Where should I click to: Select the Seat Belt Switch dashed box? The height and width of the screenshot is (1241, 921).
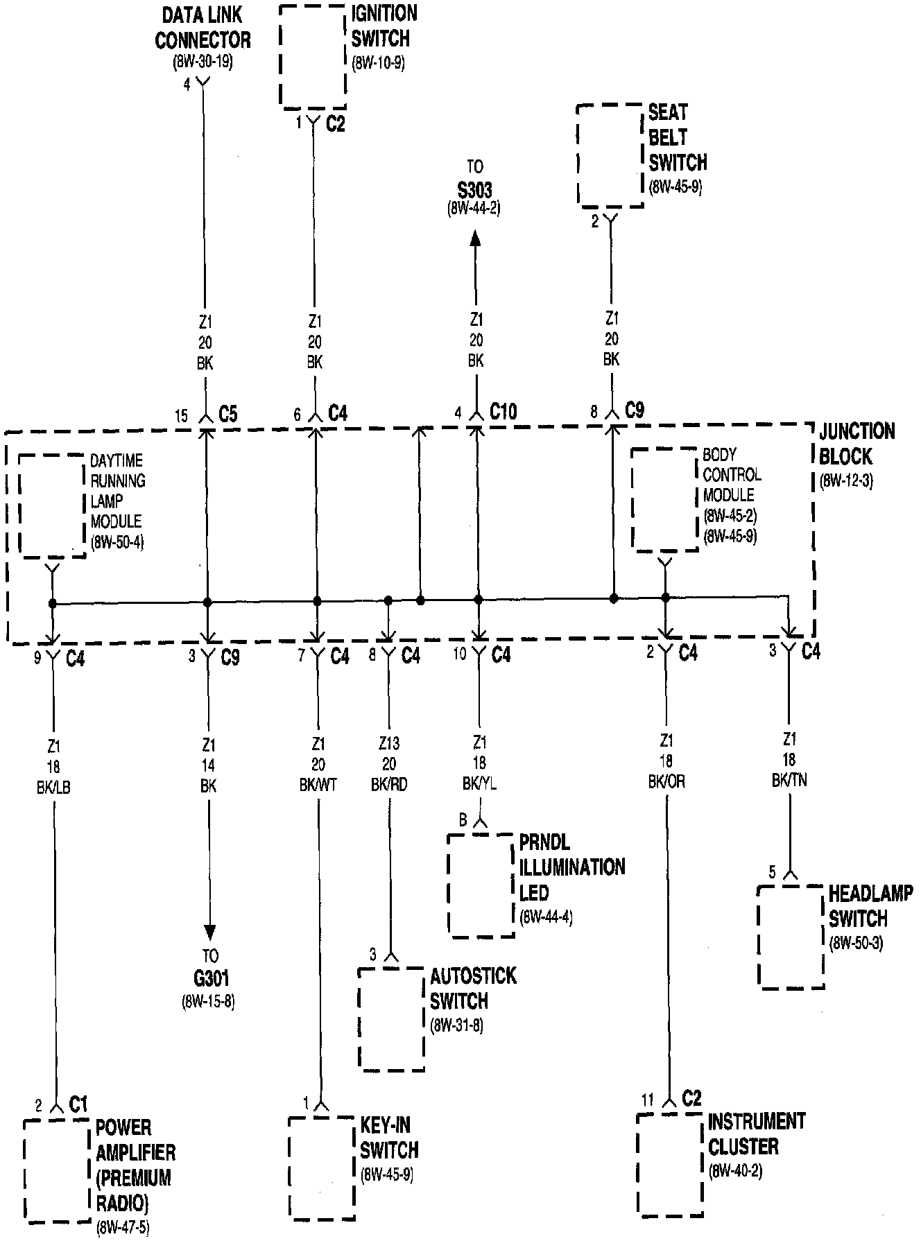point(610,155)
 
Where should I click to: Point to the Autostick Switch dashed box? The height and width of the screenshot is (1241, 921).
point(391,1018)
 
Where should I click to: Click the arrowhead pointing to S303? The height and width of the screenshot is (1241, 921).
point(475,238)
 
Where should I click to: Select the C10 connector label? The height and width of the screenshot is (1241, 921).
point(503,411)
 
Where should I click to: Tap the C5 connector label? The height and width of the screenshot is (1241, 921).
point(228,415)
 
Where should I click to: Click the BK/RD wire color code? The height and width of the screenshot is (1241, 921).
point(389,784)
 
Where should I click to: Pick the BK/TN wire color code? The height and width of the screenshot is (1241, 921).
point(789,781)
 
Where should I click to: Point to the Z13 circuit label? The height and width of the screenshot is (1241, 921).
point(389,744)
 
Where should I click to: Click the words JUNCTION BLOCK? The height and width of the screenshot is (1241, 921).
point(856,444)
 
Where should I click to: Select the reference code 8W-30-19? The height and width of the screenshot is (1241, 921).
point(203,62)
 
